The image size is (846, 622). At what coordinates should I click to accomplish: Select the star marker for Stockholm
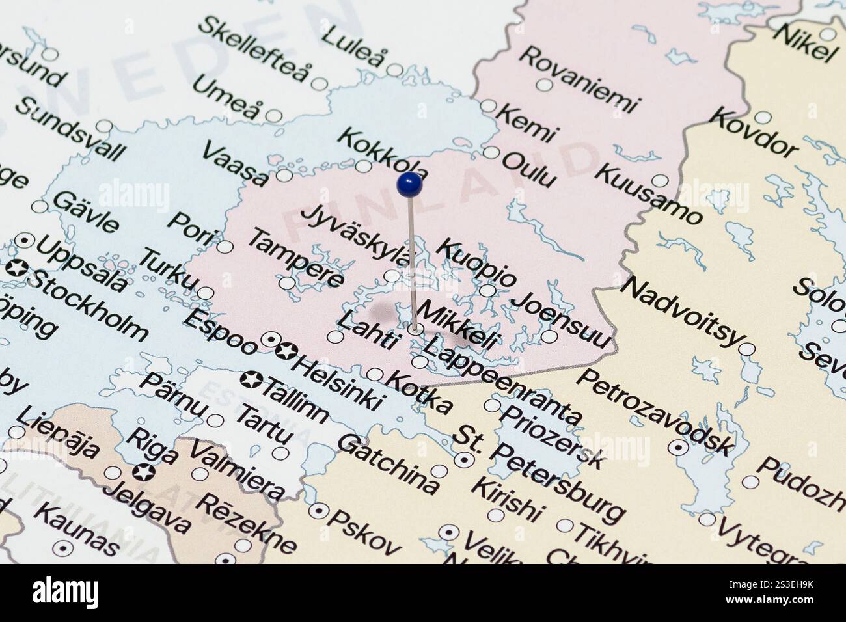(x=17, y=267)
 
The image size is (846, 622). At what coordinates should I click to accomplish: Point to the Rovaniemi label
(x=580, y=79)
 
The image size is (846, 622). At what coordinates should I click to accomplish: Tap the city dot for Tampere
(x=286, y=283)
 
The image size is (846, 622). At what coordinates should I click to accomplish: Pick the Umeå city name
(x=229, y=100)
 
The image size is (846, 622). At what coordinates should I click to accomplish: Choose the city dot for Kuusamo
(x=661, y=181)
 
